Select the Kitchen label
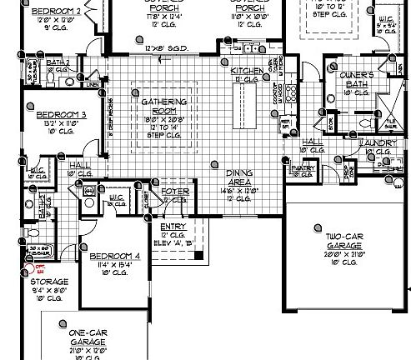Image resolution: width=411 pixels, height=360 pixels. point(247,71)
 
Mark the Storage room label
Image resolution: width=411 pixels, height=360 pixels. point(50,282)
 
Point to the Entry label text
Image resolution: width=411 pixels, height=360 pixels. point(173,227)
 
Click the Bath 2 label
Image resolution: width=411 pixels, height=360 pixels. point(58,62)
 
